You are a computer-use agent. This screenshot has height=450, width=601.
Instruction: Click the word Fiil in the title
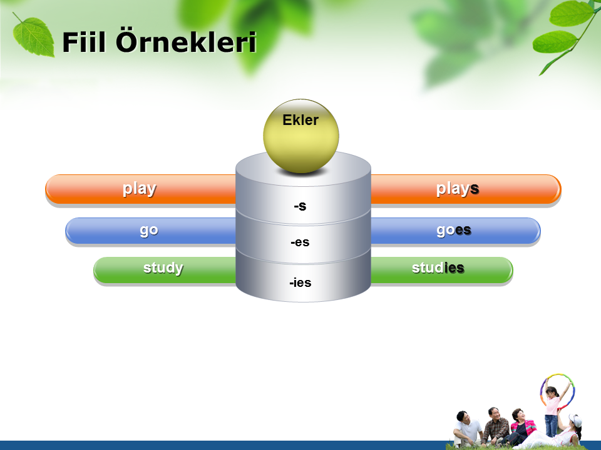click(84, 42)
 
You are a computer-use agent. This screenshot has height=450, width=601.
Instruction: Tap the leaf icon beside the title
click(33, 36)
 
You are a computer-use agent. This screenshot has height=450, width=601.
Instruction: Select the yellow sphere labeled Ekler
click(301, 136)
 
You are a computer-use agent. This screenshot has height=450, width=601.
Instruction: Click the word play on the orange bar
click(140, 189)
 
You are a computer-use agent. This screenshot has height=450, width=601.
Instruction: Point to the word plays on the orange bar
click(458, 189)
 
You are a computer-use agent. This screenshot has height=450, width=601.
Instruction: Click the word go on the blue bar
click(149, 231)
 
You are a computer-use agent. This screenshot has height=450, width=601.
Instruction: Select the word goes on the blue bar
click(454, 230)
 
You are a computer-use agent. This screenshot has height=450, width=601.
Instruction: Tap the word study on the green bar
click(163, 268)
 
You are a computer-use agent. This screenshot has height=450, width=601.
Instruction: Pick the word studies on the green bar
click(438, 268)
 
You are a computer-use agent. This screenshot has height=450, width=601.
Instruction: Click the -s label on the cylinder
click(300, 206)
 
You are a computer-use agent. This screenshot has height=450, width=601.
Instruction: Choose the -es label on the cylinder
click(300, 242)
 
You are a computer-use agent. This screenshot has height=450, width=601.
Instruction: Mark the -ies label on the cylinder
click(300, 282)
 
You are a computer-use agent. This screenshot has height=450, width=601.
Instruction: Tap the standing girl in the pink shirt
click(552, 409)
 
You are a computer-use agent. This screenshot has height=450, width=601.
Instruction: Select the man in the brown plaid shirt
click(495, 426)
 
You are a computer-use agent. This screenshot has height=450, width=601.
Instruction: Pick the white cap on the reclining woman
click(575, 420)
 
